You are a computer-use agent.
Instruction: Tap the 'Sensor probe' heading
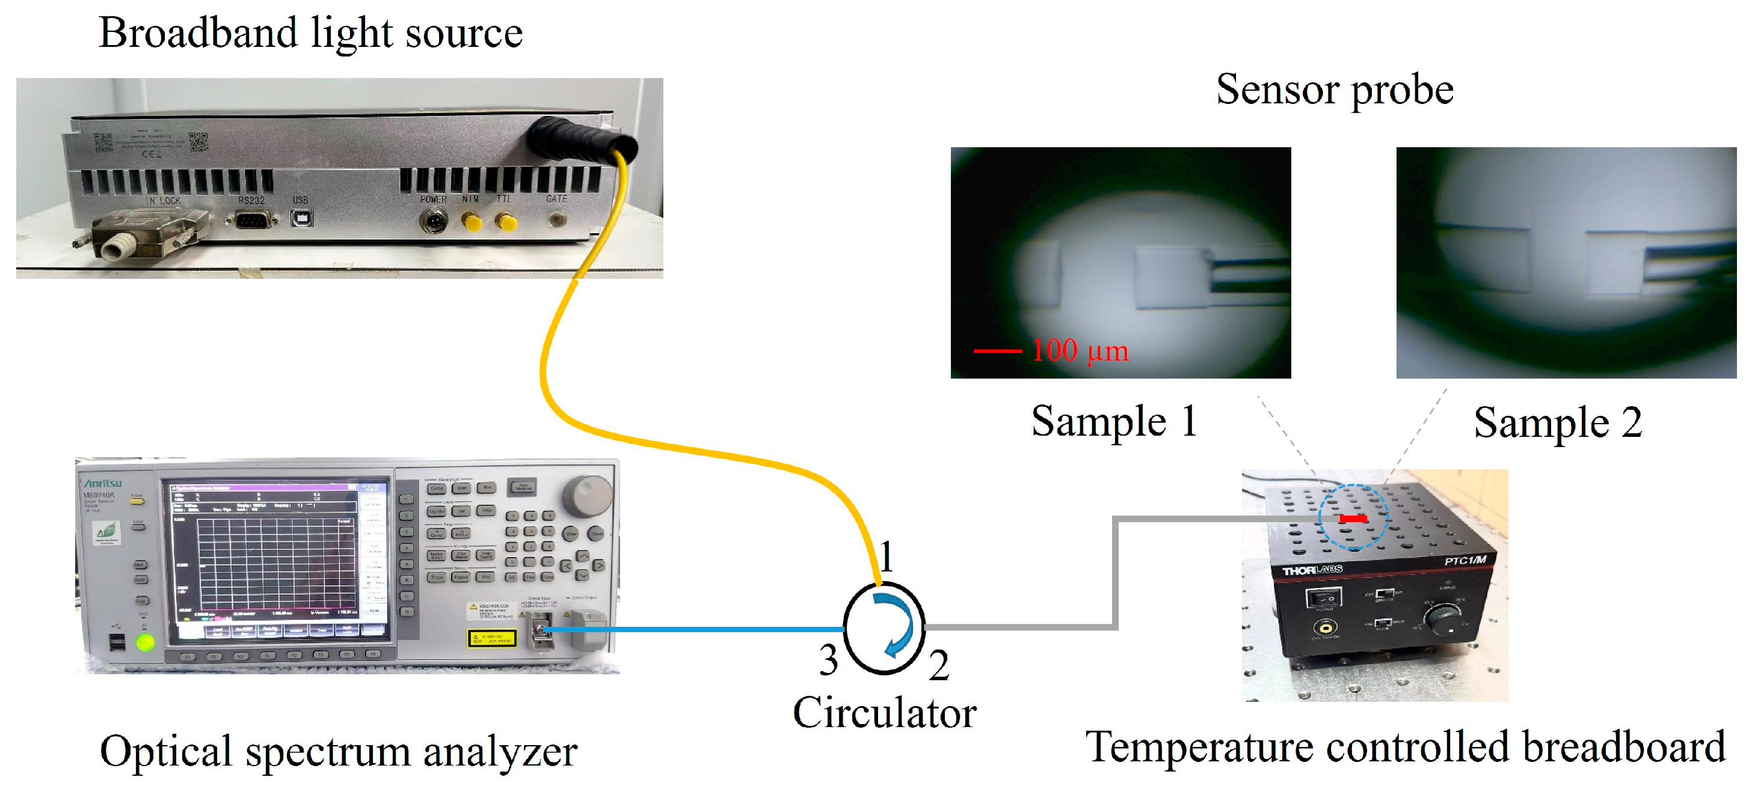coord(1335,90)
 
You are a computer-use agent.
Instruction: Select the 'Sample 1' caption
coord(1113,421)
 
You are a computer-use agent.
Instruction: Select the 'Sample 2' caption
coord(1558,423)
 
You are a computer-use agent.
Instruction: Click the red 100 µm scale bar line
coord(997,352)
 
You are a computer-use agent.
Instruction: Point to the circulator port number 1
coord(886,558)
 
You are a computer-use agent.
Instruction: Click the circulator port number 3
coord(828,661)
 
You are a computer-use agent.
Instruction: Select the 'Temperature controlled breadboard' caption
coord(1404,746)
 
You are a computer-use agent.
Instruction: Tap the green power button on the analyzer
coord(145,642)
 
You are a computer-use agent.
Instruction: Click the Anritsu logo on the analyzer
coord(103,483)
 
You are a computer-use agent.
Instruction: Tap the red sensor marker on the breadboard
coord(1352,519)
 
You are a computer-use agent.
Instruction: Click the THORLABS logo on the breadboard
coord(1312,570)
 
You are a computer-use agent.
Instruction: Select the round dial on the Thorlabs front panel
coord(1442,620)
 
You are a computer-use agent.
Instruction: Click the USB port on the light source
coord(301,218)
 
